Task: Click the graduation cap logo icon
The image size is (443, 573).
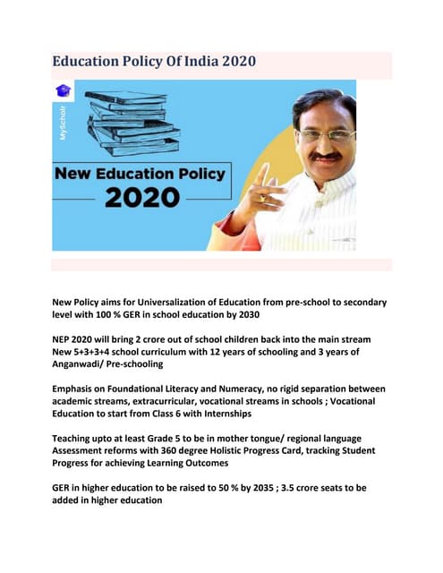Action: point(63,90)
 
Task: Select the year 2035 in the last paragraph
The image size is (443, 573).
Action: point(252,489)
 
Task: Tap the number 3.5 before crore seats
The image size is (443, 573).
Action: point(278,489)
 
